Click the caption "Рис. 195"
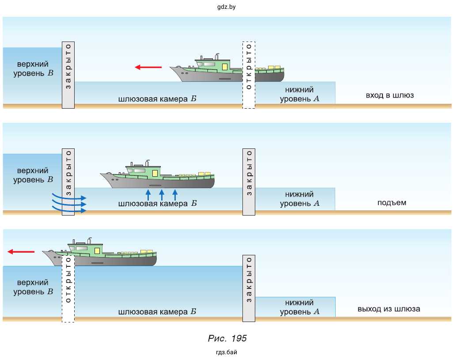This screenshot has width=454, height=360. pos(227,339)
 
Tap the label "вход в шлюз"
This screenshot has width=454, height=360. pos(390,95)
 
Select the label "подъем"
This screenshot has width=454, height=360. pos(392,203)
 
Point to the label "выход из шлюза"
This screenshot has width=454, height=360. pos(389,309)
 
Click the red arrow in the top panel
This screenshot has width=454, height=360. pos(148,67)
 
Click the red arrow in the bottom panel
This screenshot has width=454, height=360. pos(21,252)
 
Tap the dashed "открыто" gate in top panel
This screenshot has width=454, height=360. pos(249,75)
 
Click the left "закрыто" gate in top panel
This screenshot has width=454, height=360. pos(68,75)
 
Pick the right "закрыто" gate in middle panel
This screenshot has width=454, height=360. pos(249,181)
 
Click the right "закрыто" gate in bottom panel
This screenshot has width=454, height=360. pos(249,288)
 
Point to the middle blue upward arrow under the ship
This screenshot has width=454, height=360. pos(162,195)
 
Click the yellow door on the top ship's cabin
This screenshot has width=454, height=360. pos(224,67)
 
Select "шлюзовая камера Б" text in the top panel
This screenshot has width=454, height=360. pos(157,99)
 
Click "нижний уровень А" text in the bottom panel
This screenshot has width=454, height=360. pos(299,307)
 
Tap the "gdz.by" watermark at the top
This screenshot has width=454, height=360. pos(227,7)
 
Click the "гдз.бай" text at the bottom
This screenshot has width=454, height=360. pos(227,352)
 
